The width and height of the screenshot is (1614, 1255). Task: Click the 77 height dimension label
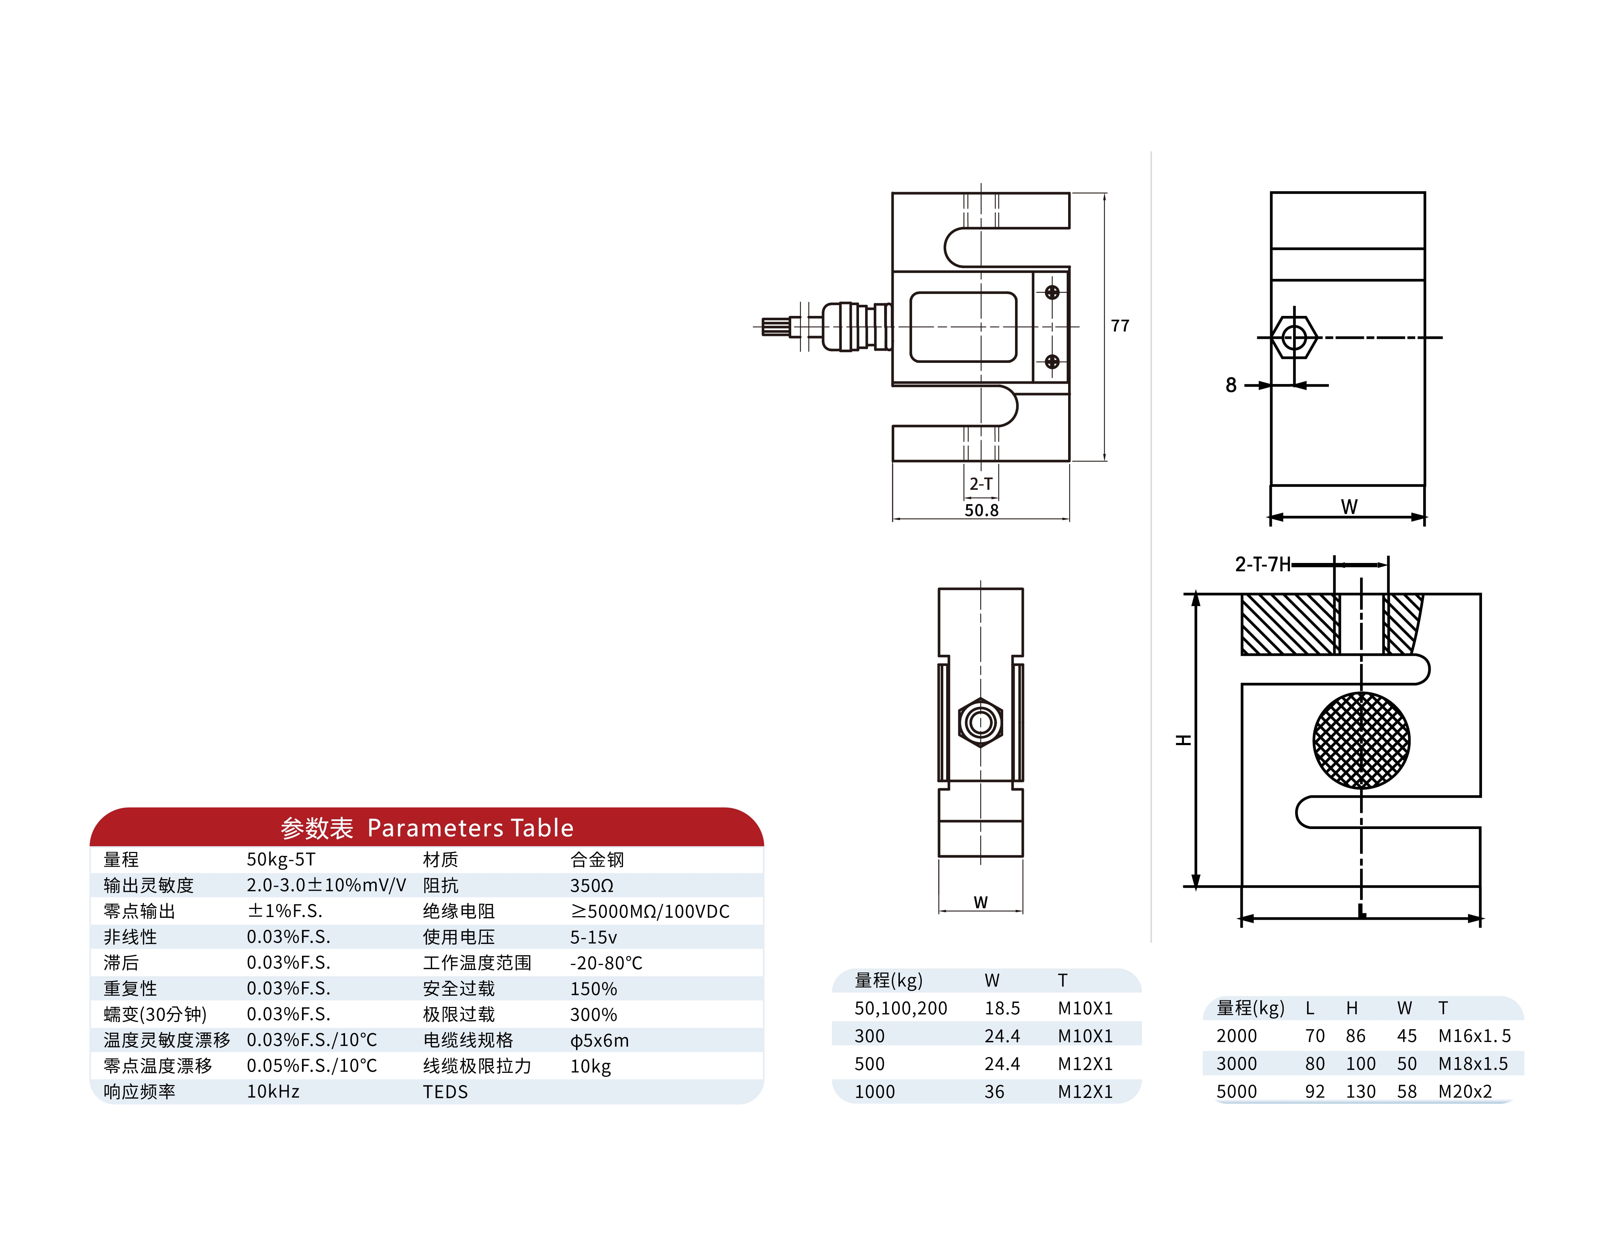click(1120, 326)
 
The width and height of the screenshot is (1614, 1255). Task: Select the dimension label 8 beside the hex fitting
click(1231, 385)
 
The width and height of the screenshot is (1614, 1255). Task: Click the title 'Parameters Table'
click(470, 828)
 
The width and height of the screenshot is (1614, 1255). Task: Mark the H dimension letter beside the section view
click(1183, 740)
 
